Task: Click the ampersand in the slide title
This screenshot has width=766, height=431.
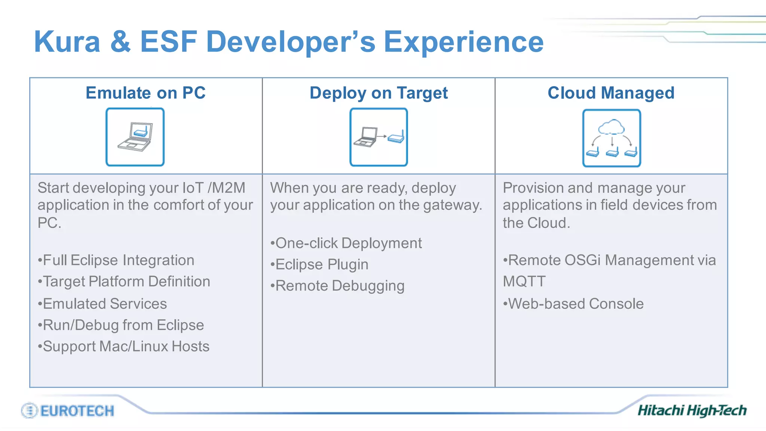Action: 120,42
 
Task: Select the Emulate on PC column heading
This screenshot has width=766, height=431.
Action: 145,93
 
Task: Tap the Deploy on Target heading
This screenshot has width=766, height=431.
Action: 379,93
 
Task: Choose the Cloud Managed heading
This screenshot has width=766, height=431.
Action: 611,93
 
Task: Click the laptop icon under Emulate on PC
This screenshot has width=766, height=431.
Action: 135,137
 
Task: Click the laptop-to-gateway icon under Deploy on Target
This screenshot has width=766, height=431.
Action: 379,137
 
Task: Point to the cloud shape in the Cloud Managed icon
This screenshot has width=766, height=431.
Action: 611,127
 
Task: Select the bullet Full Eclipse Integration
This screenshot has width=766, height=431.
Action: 116,260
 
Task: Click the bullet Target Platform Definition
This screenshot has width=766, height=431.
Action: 124,281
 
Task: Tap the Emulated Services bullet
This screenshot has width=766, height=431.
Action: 102,303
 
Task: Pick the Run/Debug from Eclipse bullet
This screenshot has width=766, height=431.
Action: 121,325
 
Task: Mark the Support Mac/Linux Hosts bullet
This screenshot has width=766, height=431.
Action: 124,346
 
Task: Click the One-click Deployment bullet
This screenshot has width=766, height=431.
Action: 346,243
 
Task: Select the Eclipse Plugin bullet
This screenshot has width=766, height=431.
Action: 319,265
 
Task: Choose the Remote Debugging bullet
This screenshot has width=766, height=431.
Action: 338,286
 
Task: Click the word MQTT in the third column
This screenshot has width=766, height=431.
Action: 524,281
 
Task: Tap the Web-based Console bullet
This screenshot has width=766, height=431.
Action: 573,303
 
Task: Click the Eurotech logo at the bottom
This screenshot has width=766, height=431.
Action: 68,410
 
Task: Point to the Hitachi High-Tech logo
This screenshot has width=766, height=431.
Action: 692,410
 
